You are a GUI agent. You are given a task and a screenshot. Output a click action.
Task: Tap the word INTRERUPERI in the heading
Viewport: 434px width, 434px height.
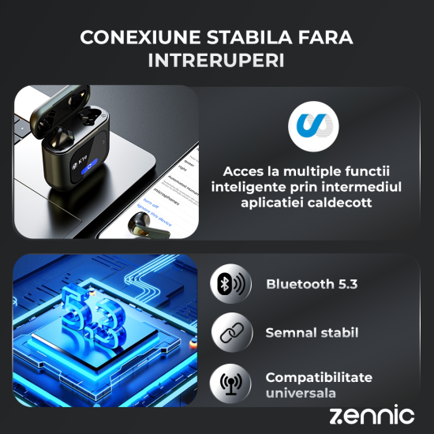click(x=216, y=61)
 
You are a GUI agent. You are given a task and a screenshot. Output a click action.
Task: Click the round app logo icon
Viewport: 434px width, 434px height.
click(x=314, y=125)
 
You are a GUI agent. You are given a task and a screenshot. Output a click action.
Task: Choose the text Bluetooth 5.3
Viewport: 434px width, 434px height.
click(x=312, y=284)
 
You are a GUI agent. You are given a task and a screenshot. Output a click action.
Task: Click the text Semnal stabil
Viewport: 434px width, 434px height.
click(x=312, y=334)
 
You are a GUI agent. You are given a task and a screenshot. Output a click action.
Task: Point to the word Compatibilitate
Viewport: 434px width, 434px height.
click(x=319, y=377)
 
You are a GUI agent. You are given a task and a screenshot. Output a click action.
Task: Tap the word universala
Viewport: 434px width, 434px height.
click(x=301, y=393)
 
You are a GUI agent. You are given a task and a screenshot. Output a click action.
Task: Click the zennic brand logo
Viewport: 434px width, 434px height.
click(x=371, y=414)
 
